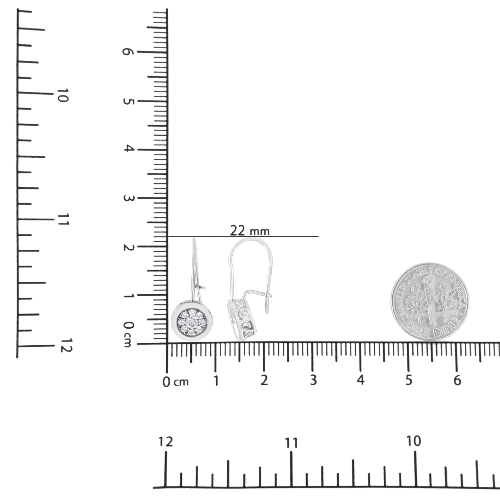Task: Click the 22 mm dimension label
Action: click(250, 231)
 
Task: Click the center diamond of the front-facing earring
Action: click(192, 322)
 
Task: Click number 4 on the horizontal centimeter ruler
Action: click(360, 380)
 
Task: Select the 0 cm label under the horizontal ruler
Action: click(175, 382)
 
